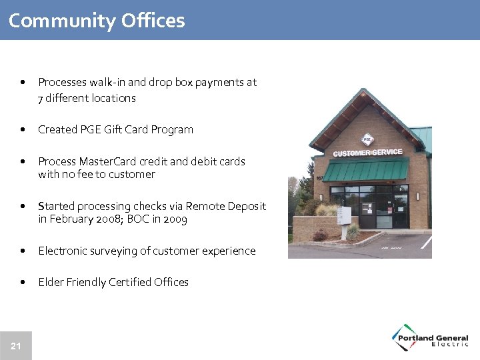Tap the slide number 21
point(16,345)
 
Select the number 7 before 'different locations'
point(41,98)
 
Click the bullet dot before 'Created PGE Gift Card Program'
point(24,130)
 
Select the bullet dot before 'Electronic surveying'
point(24,251)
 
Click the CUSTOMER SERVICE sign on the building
point(367,153)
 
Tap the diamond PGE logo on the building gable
point(366,139)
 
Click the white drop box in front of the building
point(344,215)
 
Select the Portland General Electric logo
point(430,337)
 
